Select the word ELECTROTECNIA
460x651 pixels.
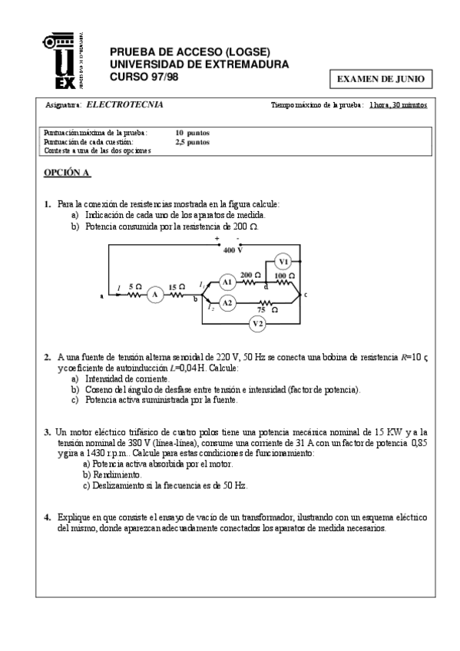click(124, 104)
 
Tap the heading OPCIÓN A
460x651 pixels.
click(67, 173)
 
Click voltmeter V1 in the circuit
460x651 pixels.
click(283, 260)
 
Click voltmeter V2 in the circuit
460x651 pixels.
click(258, 323)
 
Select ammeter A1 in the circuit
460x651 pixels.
click(227, 283)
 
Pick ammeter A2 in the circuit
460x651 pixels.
click(227, 303)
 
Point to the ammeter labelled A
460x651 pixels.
click(154, 294)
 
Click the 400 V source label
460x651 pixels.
click(233, 250)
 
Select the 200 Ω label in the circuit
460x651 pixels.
click(250, 275)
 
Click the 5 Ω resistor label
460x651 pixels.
click(134, 286)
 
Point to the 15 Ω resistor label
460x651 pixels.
click(177, 286)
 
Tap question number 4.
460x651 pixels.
click(47, 517)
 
